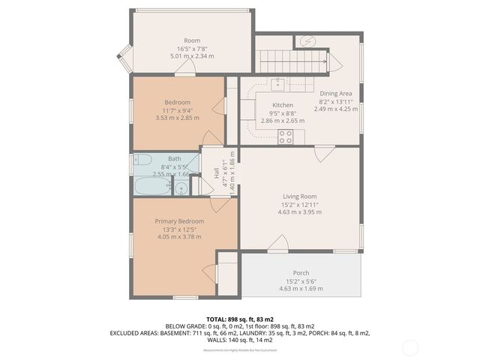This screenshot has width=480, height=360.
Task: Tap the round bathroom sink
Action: click(180, 187)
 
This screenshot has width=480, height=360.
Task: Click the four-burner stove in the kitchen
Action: click(286, 136)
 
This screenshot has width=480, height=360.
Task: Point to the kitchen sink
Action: click(278, 83)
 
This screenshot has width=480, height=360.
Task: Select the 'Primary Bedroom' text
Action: click(179, 221)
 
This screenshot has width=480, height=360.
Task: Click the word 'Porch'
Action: click(301, 272)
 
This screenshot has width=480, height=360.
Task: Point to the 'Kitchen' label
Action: click(282, 105)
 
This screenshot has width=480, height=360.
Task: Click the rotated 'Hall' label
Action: click(216, 172)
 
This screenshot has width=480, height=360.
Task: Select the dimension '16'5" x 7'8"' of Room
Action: click(192, 48)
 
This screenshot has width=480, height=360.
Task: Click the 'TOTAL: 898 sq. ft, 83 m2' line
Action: click(240, 319)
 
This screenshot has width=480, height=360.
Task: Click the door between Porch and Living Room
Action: click(279, 243)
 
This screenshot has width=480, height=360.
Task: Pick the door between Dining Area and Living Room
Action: click(323, 154)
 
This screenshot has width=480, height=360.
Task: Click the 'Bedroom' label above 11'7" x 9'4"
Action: click(178, 102)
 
